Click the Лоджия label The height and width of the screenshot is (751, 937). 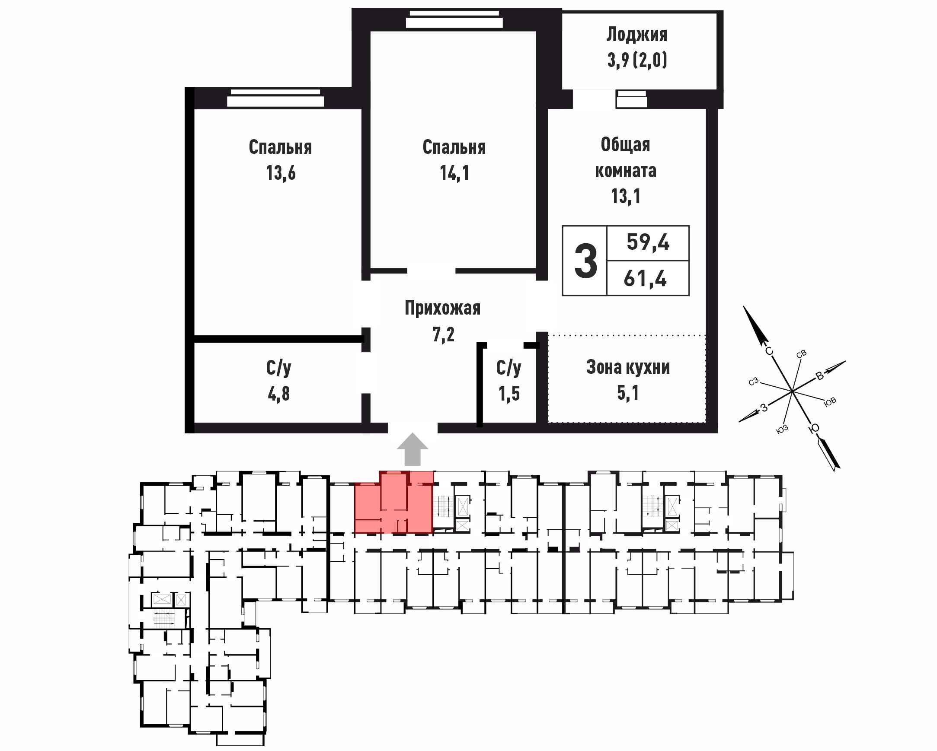636,35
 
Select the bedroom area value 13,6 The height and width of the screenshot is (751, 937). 281,173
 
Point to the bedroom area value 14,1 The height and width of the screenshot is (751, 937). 454,173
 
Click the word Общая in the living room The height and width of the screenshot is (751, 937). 625,145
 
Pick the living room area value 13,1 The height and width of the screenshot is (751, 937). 625,196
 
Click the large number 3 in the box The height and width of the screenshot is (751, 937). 585,261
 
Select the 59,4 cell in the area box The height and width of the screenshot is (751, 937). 648,242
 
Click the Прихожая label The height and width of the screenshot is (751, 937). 442,308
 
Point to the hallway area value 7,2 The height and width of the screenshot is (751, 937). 443,334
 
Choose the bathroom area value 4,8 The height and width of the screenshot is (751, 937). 278,394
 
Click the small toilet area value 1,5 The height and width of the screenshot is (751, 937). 509,394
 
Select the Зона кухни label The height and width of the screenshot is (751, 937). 628,367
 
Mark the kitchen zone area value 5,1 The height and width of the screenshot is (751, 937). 628,393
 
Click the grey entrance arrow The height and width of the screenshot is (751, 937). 413,449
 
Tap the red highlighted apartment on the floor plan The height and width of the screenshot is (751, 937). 394,502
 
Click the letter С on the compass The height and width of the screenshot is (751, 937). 769,351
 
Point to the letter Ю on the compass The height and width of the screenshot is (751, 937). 814,429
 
